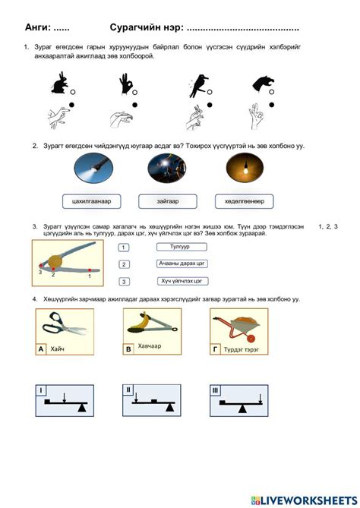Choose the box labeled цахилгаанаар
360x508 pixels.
click(92, 201)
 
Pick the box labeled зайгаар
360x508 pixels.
click(163, 201)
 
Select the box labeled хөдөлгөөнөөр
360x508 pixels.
click(238, 201)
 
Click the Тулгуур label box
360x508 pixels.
click(182, 247)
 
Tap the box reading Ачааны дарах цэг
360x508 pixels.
click(182, 263)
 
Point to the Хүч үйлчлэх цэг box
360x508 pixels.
click(182, 280)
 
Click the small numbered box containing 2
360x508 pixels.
click(124, 264)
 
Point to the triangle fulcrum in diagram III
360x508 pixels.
click(242, 408)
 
